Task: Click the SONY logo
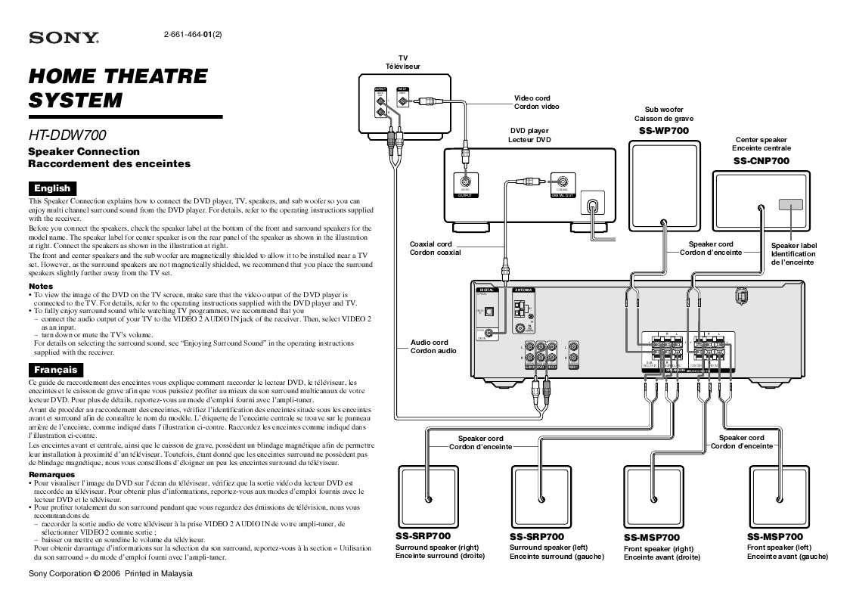63,38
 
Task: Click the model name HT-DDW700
67,135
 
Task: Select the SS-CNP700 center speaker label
760,161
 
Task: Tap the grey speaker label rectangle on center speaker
791,204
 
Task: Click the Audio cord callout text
430,346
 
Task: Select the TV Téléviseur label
403,62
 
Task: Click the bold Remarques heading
51,474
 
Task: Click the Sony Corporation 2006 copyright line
110,574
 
